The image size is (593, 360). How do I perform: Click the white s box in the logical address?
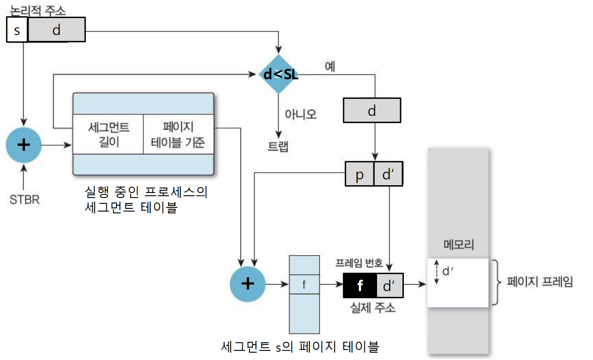tap(17, 30)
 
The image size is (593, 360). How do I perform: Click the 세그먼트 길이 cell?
tap(108, 134)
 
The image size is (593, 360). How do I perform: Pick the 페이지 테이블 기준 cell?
tap(178, 134)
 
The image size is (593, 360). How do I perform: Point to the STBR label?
tap(25, 199)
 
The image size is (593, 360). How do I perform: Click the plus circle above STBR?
tap(24, 145)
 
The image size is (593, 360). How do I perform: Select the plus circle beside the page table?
tap(248, 284)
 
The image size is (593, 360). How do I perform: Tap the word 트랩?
tap(278, 146)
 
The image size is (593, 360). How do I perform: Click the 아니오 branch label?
tap(300, 114)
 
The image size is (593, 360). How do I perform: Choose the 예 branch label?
tap(330, 66)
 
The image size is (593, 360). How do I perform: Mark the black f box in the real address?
tap(360, 286)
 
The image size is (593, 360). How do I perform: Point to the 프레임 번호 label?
tap(359, 263)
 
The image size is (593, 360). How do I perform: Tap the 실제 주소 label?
tap(373, 308)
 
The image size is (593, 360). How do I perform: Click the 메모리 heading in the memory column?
tap(458, 246)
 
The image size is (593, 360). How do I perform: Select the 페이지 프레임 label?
tap(540, 282)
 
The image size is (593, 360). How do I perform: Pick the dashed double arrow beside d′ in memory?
tap(436, 272)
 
